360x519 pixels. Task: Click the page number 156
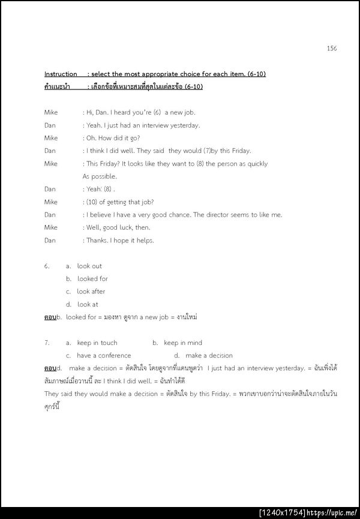[x=332, y=48]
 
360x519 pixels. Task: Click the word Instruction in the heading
[x=61, y=74]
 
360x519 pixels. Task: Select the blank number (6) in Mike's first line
[x=157, y=112]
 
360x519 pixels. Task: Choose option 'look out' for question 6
[x=89, y=266]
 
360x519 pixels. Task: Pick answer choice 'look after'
[x=91, y=291]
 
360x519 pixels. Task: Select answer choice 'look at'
[x=88, y=304]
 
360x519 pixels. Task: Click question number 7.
[x=47, y=343]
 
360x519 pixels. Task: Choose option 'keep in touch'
[x=97, y=343]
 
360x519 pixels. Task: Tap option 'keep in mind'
[x=183, y=343]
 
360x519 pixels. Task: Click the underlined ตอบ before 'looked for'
[x=50, y=316]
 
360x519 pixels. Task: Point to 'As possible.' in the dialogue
[x=100, y=176]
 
